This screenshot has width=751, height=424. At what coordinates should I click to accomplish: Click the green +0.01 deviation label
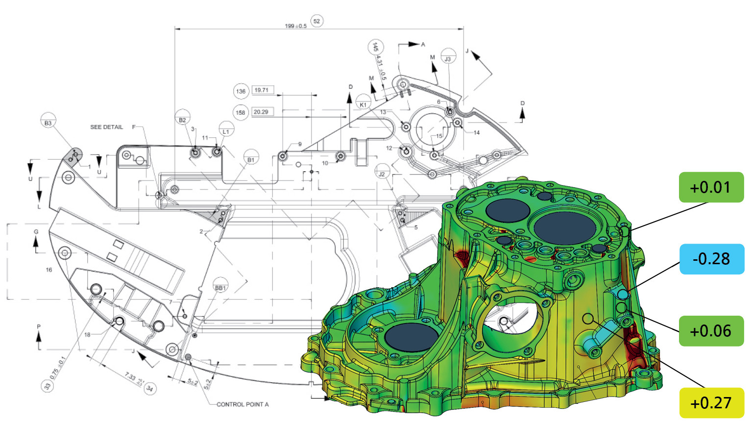tap(711, 187)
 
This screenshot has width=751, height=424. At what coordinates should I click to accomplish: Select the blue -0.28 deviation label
tap(711, 259)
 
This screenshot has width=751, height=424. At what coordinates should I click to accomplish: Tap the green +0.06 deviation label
tap(711, 331)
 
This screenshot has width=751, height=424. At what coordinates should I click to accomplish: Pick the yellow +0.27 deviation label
tap(711, 403)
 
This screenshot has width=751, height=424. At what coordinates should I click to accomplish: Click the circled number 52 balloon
tap(316, 21)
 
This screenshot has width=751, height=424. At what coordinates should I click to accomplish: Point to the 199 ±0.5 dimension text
tap(295, 26)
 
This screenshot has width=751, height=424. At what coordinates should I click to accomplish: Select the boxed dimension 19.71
tap(262, 90)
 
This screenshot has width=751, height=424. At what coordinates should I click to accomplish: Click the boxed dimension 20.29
tap(261, 112)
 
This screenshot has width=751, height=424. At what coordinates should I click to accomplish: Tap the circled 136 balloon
tap(241, 91)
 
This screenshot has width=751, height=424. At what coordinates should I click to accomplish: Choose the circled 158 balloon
tap(241, 112)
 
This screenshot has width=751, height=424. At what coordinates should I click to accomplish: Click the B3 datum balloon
tap(48, 123)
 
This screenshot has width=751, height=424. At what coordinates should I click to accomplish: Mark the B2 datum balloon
tap(182, 120)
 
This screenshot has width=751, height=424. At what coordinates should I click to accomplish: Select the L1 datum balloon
tap(226, 131)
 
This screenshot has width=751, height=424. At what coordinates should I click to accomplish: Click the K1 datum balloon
tap(363, 104)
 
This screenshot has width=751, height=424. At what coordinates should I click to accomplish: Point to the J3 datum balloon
tap(448, 59)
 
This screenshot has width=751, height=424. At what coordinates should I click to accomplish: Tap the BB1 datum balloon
tap(221, 288)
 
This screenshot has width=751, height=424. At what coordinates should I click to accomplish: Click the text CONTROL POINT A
tap(242, 404)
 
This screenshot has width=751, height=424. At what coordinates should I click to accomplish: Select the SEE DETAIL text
tap(106, 127)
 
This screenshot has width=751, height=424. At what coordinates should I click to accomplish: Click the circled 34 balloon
tap(150, 389)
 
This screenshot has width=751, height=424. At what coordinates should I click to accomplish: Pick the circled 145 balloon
tap(375, 47)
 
